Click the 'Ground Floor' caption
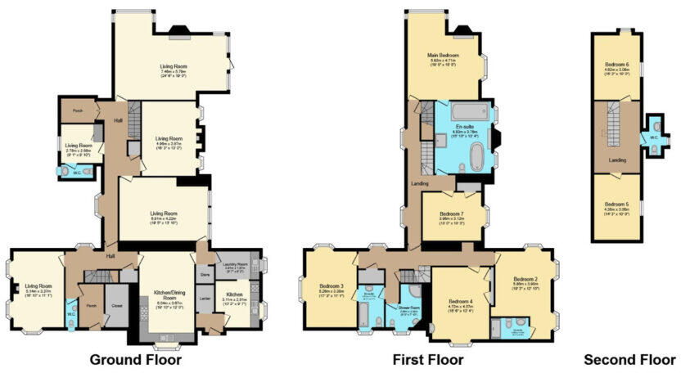coord(135,359)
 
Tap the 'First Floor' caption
coord(427,359)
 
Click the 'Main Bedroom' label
coord(443,56)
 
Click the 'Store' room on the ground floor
coord(205,276)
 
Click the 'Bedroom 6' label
coord(617,65)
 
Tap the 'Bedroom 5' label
coord(617,204)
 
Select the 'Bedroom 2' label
coord(525,279)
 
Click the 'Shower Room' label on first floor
coord(410,308)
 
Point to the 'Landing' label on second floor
coord(618,160)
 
